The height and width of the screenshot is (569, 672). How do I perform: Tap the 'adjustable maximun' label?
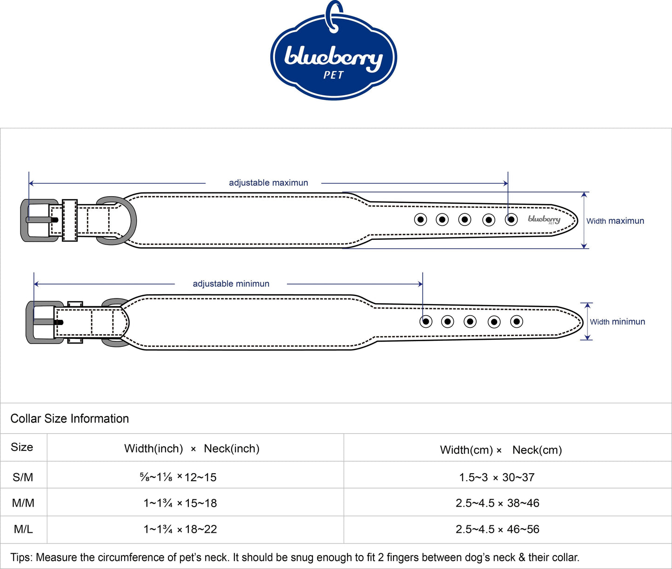point(268,183)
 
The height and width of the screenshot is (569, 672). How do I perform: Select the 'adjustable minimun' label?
point(231,284)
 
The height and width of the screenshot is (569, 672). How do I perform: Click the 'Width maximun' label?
point(615,221)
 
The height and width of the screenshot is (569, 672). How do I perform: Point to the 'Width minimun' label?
point(618,322)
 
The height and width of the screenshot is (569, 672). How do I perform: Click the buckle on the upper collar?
point(24,220)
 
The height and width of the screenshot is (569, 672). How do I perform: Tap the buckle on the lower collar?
point(30,322)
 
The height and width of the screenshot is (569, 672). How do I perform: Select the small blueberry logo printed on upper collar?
point(544,220)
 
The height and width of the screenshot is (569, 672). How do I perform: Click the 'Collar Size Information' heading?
point(70,418)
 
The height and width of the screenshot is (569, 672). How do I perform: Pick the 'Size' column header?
point(22,447)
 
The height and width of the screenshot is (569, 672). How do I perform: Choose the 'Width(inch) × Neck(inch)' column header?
point(192,449)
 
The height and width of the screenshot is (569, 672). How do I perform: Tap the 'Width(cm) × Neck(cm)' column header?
point(501,450)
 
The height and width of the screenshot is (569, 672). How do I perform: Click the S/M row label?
point(23,477)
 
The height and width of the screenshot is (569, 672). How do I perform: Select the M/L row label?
point(23,529)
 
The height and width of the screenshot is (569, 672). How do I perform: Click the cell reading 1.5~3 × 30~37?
point(497,477)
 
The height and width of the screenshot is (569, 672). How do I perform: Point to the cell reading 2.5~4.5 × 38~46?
point(498,503)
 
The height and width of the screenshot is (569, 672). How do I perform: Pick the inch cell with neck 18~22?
point(180,529)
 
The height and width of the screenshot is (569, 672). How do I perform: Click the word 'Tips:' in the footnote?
point(21,557)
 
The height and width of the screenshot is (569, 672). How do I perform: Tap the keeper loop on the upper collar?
point(70,220)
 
